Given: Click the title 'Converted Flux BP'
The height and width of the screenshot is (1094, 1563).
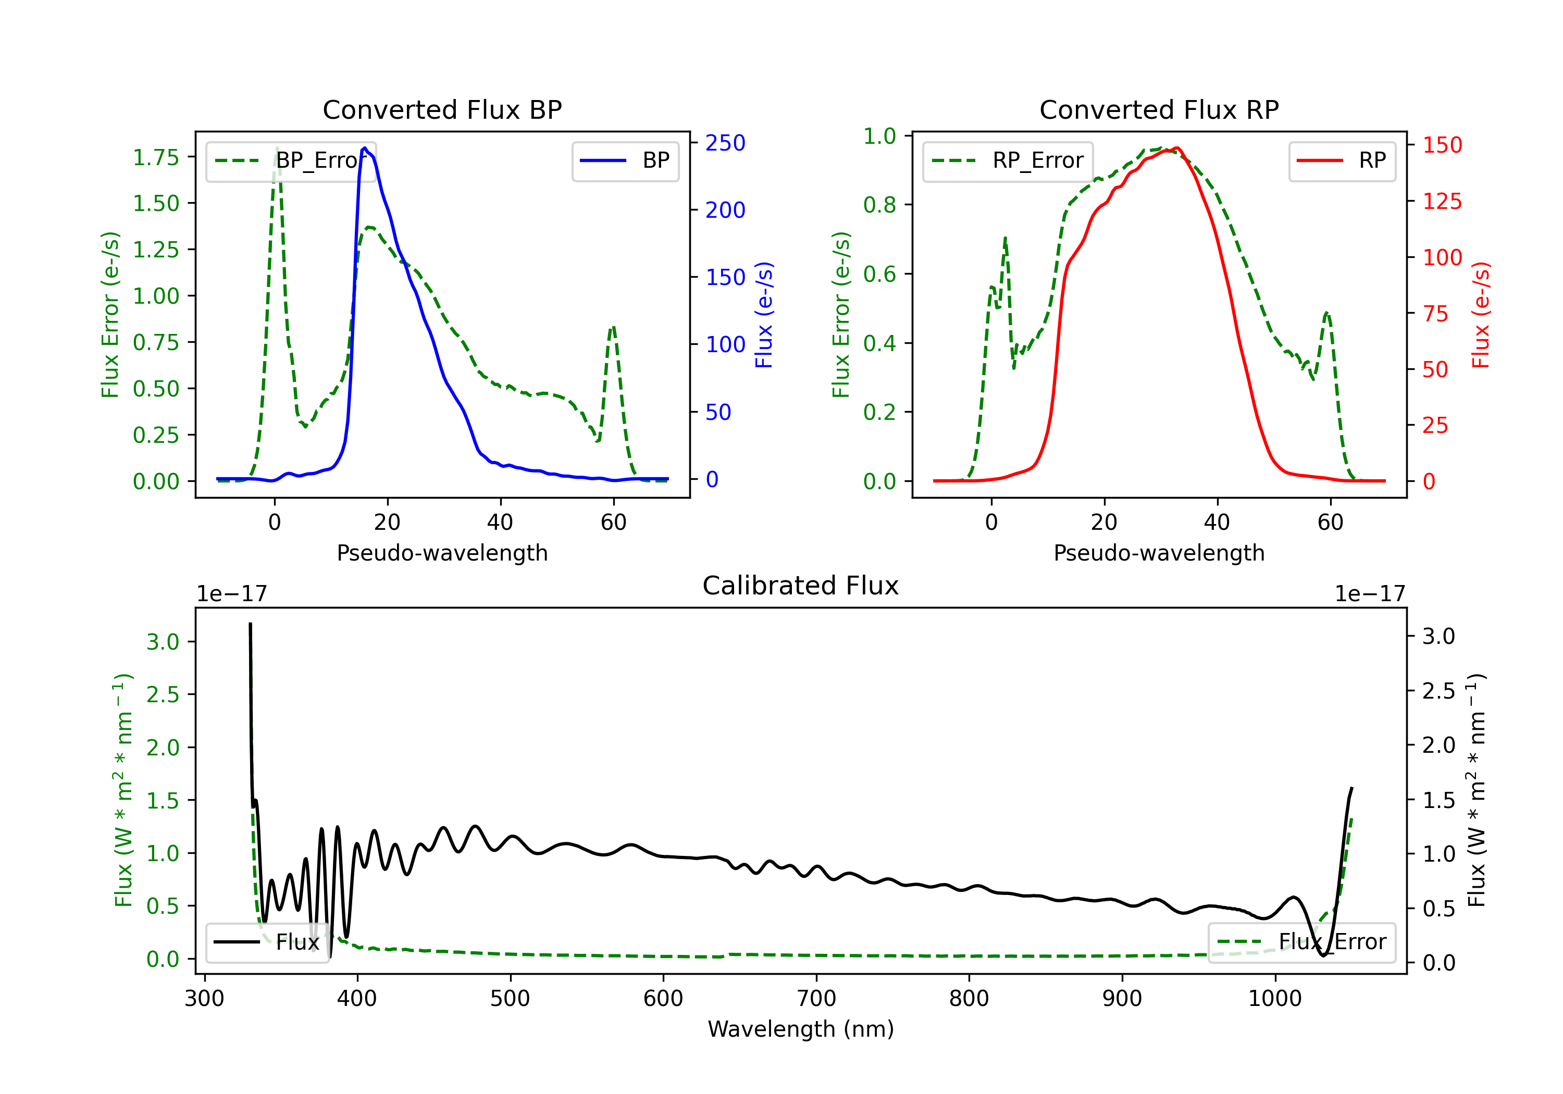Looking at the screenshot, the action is pyautogui.click(x=442, y=109).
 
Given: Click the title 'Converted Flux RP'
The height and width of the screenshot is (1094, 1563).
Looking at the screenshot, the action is pyautogui.click(x=1159, y=109).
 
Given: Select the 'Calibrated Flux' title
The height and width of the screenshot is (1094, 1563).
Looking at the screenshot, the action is pyautogui.click(x=801, y=586).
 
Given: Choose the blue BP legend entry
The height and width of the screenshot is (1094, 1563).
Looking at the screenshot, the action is pyautogui.click(x=625, y=160).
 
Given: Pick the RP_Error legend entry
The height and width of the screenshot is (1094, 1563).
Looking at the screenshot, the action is pyautogui.click(x=1008, y=160).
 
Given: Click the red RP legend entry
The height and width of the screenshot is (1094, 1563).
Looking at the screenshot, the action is pyautogui.click(x=1342, y=160).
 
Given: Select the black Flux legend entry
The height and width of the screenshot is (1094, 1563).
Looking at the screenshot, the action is pyautogui.click(x=267, y=942).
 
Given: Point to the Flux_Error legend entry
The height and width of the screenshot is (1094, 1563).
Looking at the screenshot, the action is pyautogui.click(x=1301, y=942).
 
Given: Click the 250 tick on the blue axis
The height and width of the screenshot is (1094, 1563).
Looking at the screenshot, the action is pyautogui.click(x=725, y=143).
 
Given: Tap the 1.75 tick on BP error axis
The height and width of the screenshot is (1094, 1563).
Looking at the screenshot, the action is pyautogui.click(x=156, y=157).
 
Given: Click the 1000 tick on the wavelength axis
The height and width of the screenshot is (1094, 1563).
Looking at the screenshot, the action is pyautogui.click(x=1275, y=999).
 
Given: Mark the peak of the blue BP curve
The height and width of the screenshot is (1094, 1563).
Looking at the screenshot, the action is pyautogui.click(x=365, y=148).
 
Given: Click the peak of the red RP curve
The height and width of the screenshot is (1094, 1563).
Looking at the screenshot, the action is pyautogui.click(x=1176, y=148).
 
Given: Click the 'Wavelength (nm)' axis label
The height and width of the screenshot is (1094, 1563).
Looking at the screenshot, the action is pyautogui.click(x=801, y=1029).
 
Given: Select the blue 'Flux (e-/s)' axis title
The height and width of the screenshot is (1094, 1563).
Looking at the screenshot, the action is pyautogui.click(x=764, y=315).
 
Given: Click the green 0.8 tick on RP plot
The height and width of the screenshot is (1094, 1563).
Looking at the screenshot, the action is pyautogui.click(x=879, y=205).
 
